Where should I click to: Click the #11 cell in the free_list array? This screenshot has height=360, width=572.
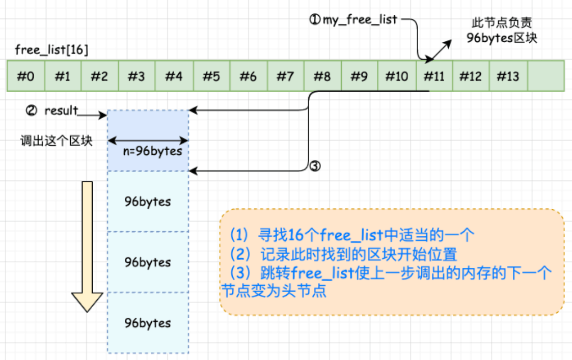point(434,76)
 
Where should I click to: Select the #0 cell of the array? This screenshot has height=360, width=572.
point(26,76)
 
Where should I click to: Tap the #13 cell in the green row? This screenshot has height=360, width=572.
point(508,76)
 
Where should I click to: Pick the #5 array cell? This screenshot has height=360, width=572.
point(211,76)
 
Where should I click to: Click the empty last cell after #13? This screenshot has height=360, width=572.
point(546,76)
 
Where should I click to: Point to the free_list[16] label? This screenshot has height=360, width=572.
point(51,50)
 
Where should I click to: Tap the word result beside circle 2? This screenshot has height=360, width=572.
point(61,110)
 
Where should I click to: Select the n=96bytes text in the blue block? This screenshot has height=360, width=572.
point(149,151)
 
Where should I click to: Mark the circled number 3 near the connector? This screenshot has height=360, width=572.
point(315,166)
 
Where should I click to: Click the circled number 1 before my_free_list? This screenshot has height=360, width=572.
point(315,20)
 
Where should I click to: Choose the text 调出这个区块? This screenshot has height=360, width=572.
point(57,141)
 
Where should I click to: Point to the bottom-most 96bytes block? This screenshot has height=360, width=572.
point(148,323)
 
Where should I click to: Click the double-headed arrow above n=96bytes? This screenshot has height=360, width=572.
point(148,141)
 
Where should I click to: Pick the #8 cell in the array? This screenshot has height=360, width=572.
point(322,76)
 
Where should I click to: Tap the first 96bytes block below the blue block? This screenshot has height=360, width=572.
point(148,202)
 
